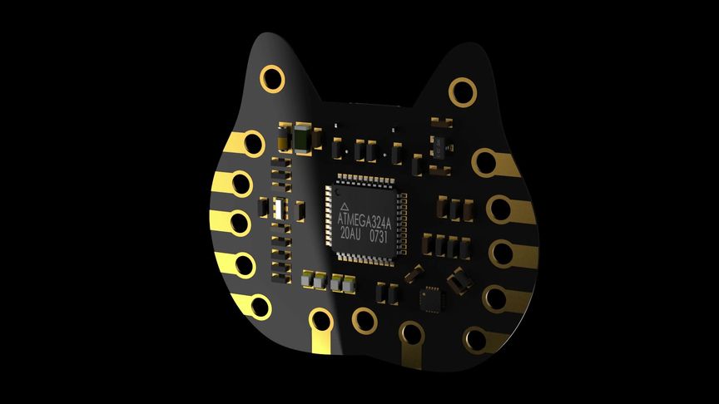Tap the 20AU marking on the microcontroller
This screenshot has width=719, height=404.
[x=350, y=233]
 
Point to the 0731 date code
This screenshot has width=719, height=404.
[x=379, y=236]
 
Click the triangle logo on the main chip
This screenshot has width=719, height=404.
[x=345, y=207]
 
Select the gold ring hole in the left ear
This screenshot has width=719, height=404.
[x=272, y=79]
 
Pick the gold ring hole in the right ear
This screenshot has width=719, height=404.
[x=462, y=91]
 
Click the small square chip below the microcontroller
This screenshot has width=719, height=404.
[x=432, y=299]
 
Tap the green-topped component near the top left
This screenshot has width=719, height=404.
[x=302, y=138]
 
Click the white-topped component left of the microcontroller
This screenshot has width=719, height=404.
[x=278, y=209]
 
